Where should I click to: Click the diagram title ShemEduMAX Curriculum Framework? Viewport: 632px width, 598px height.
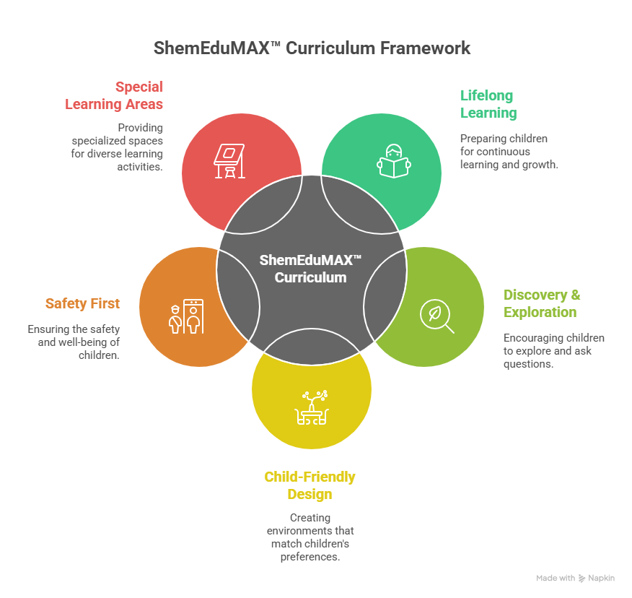(312, 48)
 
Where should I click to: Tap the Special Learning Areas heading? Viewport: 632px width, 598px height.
(115, 95)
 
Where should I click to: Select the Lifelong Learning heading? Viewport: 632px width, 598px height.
(488, 104)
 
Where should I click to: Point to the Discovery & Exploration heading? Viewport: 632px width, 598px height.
(541, 303)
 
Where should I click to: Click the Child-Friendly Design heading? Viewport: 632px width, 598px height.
(310, 485)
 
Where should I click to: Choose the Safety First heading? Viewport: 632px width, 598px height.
(82, 303)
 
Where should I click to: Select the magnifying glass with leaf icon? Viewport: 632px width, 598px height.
(437, 316)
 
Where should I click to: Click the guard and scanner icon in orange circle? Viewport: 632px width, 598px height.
(185, 316)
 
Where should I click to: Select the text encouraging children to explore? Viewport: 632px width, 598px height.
(553, 351)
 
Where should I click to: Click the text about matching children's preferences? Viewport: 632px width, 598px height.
(310, 537)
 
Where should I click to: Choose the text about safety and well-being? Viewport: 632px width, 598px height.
(74, 342)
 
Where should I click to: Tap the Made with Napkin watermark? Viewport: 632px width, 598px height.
(575, 578)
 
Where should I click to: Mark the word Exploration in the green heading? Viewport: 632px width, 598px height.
(540, 312)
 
